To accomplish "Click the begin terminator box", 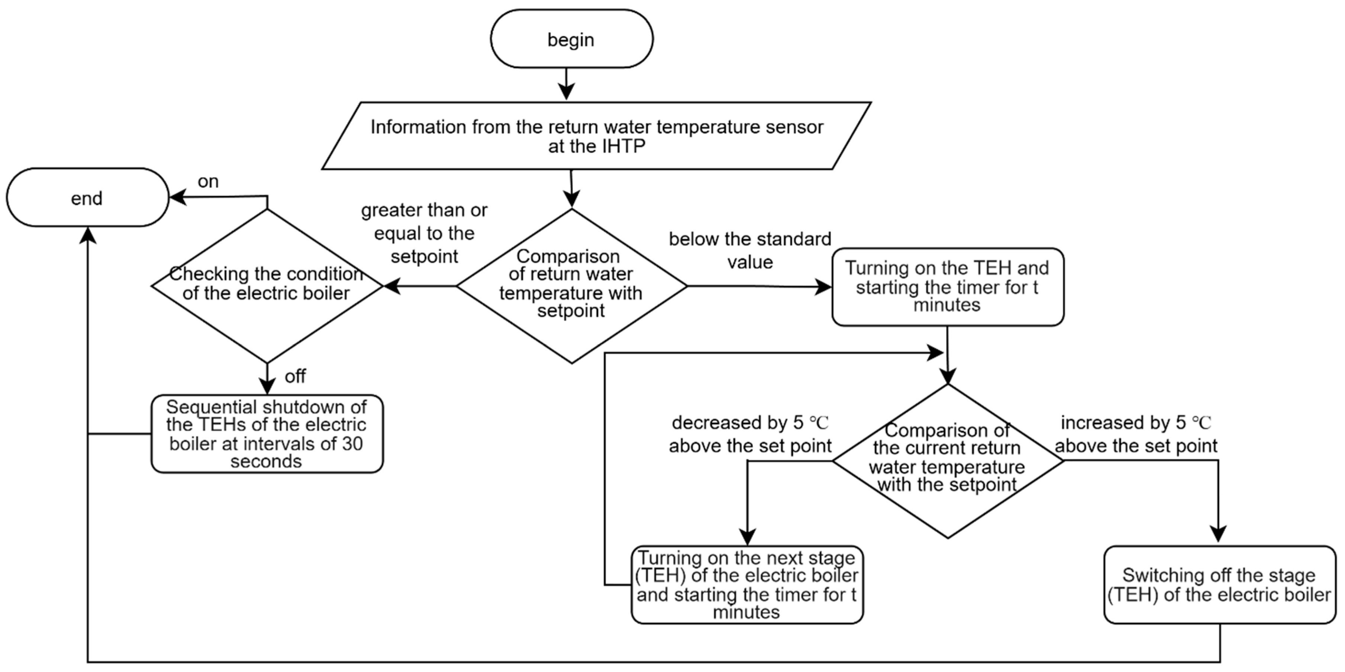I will pos(571,39).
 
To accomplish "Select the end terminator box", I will pos(87,198).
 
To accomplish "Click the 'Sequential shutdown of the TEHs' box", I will pos(267,434).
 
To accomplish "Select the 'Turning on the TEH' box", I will pos(947,287).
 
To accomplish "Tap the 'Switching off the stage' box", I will pos(1219,585).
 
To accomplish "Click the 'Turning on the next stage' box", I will pos(746,585).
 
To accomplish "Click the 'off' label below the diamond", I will pos(295,376).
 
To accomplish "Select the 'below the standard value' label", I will pos(750,251).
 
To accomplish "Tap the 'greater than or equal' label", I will pos(424,233).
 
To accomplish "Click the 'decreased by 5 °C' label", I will pos(750,434).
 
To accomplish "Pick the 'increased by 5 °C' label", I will pos(1136,434).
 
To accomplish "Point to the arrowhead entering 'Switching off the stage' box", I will pos(1218,535).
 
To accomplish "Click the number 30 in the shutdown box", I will pos(352,444).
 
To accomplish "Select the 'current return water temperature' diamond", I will pos(947,461).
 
